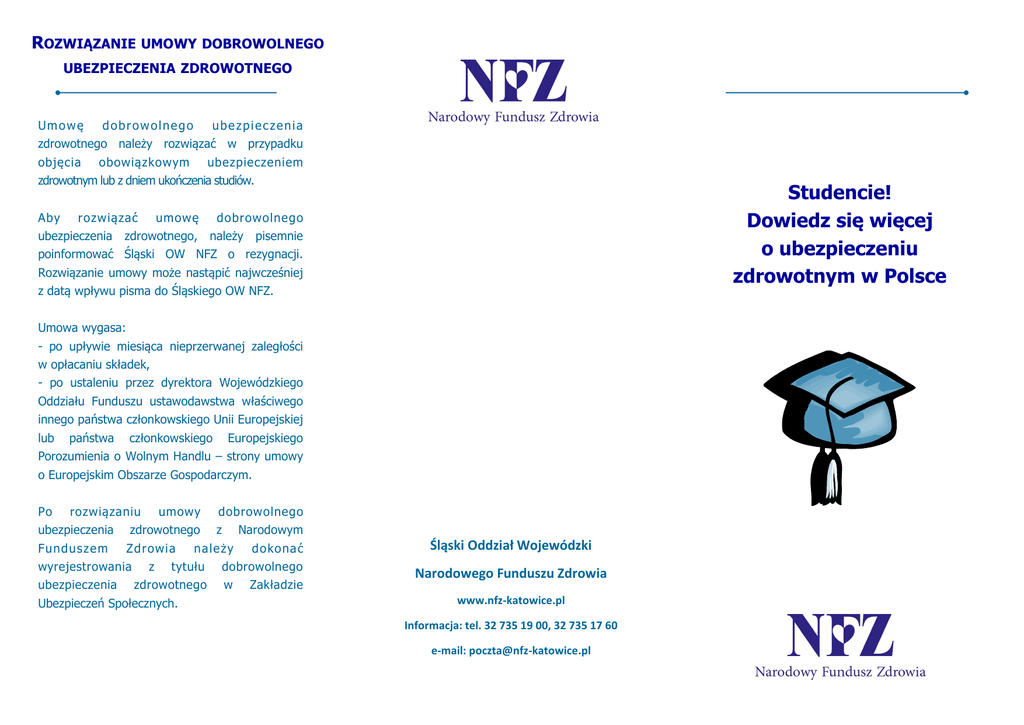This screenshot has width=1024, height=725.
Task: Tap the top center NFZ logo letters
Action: pos(513,81)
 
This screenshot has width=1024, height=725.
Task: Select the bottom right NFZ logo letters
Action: pos(839,636)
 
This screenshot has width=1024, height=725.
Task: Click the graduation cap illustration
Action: pos(839,400)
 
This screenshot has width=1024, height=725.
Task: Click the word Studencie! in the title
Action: pos(839,192)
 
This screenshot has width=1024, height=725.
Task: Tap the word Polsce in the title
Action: pos(914,276)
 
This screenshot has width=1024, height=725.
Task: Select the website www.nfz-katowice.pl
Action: pos(511,600)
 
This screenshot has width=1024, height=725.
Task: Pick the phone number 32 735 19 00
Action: pos(516,625)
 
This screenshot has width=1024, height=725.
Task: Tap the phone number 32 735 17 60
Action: pos(586,625)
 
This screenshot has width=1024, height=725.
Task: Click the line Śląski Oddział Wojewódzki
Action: pos(511,545)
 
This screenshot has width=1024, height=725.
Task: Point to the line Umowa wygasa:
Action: pos(82,327)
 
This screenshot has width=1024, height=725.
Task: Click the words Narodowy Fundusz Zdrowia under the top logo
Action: pos(513,117)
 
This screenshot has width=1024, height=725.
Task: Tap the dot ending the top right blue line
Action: pos(966,92)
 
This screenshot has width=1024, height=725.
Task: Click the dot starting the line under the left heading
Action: pos(58,93)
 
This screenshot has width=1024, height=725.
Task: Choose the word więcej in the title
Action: pos(896,220)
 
